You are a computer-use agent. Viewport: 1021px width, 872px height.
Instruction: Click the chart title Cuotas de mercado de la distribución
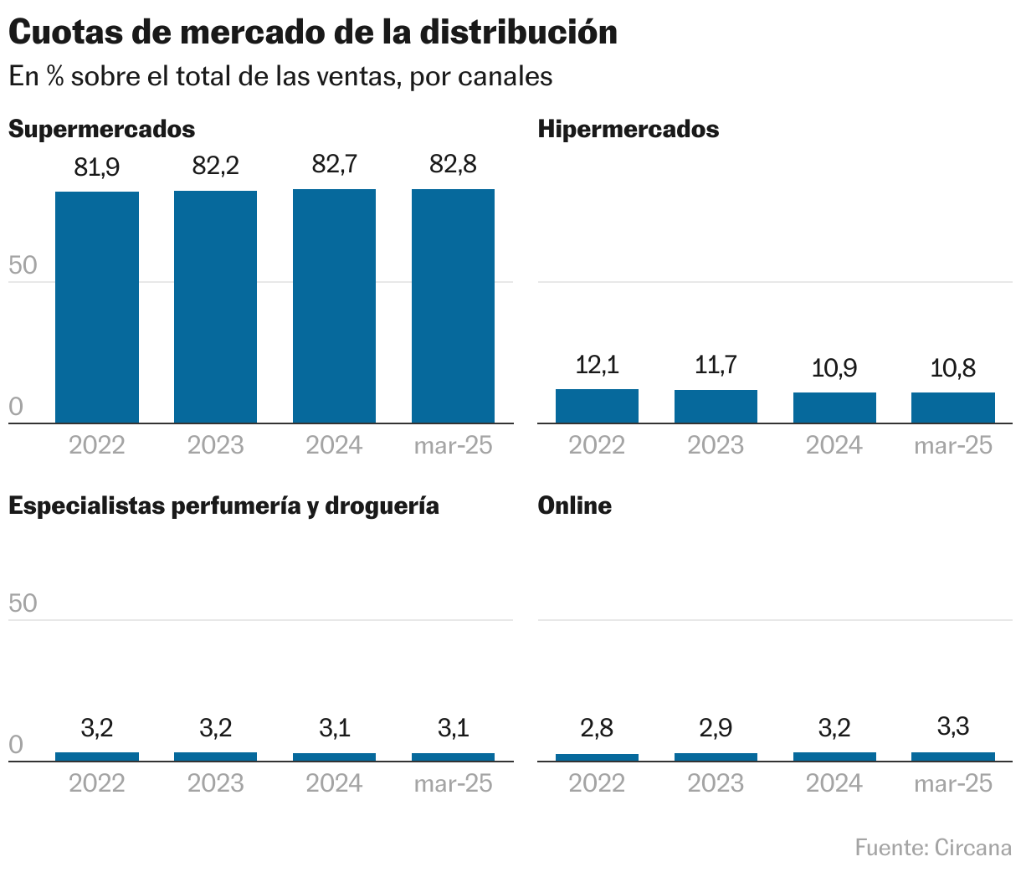313,32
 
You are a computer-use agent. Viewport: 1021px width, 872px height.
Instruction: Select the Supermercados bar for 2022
97,307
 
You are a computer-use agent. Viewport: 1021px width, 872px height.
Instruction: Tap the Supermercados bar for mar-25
453,306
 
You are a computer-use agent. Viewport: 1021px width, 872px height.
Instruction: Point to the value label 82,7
334,165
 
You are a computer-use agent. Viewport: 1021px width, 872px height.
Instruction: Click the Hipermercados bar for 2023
716,407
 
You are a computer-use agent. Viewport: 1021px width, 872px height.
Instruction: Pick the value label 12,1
597,365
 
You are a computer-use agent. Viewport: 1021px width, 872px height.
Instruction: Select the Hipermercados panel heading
628,129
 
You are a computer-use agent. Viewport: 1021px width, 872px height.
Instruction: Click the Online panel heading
574,505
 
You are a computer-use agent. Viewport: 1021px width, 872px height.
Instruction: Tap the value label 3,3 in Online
952,726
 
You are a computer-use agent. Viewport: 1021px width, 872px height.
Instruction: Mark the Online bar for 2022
597,757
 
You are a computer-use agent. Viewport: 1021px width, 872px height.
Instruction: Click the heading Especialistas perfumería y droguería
223,505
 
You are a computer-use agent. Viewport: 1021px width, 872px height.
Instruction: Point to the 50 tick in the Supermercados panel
23,266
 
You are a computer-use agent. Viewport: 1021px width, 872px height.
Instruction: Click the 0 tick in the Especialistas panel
16,745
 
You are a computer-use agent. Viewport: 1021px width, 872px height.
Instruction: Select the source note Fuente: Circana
933,848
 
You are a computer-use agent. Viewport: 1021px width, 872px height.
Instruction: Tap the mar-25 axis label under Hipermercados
952,445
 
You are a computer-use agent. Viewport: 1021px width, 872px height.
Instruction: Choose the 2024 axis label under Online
834,783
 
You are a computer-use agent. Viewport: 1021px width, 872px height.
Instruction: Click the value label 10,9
834,367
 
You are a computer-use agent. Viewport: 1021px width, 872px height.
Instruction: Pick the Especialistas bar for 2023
215,757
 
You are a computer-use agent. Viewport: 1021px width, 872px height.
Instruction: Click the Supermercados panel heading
101,129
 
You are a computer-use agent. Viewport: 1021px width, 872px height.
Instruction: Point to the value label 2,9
716,728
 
